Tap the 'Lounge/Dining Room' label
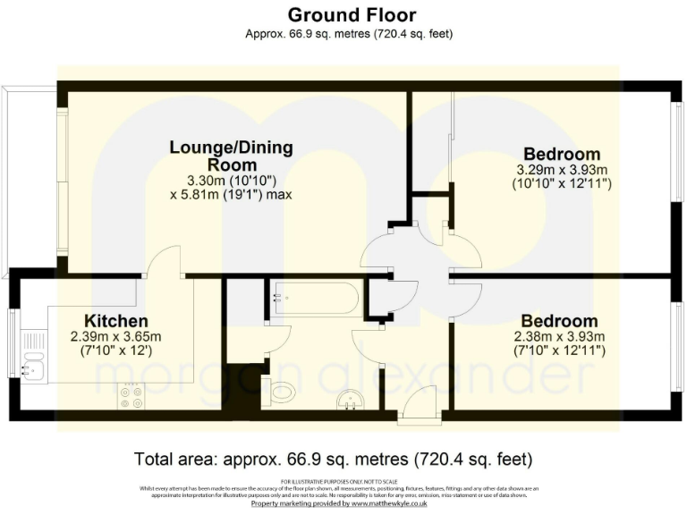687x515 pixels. click(232, 156)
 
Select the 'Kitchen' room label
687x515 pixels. click(115, 321)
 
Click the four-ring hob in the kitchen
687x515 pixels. click(130, 396)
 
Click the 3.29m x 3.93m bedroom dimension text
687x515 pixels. click(562, 170)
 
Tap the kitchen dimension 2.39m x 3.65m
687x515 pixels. click(115, 337)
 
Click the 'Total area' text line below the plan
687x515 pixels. click(333, 460)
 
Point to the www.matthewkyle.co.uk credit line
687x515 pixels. click(339, 504)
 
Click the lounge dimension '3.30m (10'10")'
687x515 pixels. click(232, 180)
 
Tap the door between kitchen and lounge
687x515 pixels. click(164, 264)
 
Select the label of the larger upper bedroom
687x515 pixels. click(562, 154)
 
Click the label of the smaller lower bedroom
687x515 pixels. click(560, 321)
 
